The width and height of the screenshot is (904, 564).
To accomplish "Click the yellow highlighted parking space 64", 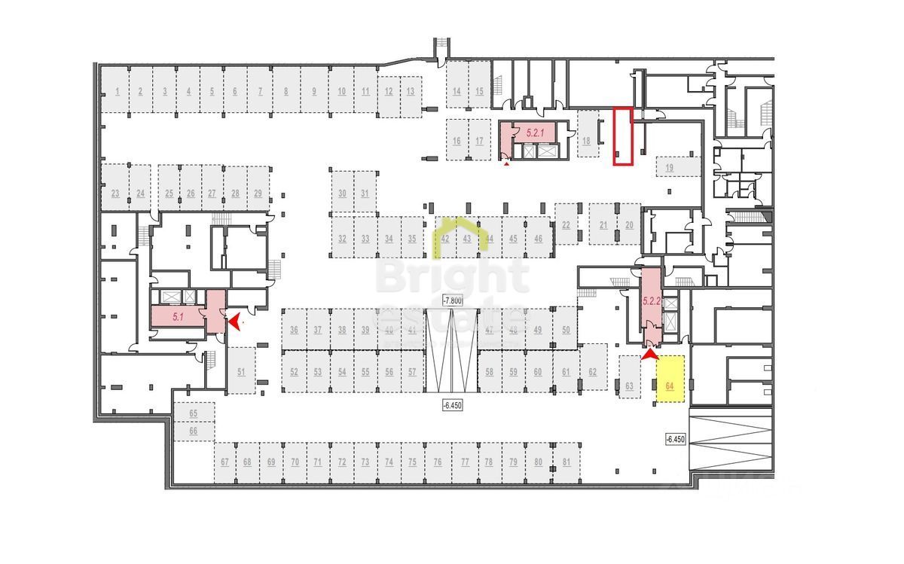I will [670, 380].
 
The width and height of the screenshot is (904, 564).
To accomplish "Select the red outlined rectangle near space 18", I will [621, 136].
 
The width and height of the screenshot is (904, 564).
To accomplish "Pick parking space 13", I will [410, 92].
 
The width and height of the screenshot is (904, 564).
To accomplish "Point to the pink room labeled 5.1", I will [179, 317].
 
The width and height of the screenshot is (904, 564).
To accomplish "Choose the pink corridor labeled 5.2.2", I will [651, 300].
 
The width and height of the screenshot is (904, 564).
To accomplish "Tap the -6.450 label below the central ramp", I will [452, 403].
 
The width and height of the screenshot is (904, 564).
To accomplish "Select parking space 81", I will [566, 462].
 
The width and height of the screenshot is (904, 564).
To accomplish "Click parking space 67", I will [224, 462].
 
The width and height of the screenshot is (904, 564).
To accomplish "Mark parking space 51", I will [241, 371].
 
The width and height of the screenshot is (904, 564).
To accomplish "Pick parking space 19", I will [670, 168].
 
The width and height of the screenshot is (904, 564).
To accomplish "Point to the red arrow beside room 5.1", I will [236, 322].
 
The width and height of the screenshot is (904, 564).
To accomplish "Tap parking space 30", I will [342, 194].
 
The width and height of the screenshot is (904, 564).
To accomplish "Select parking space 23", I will [115, 194].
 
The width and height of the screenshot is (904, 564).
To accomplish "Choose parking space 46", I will [538, 239].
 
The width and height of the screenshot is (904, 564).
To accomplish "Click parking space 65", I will [193, 413].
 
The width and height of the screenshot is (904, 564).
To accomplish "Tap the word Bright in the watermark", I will [452, 277].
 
